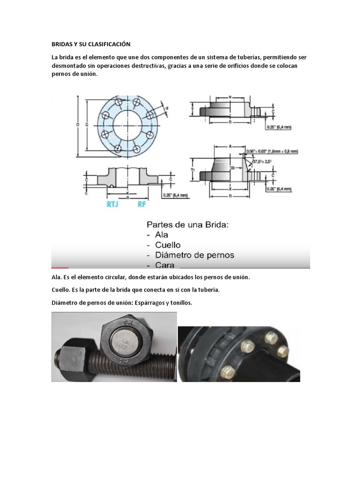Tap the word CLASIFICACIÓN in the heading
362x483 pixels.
pos(107,44)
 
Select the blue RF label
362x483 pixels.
pos(142,205)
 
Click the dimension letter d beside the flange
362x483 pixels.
pos(167,108)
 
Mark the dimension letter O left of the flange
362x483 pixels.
pos(78,125)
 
